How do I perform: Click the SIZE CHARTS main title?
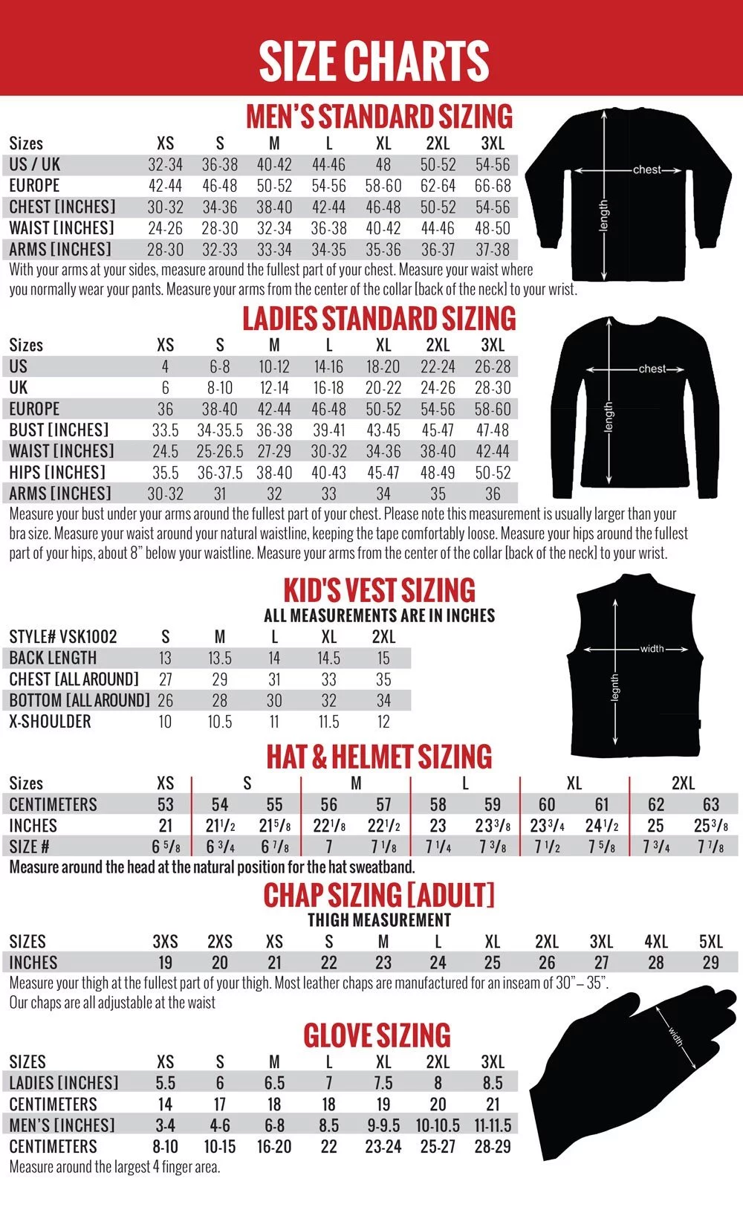[x=374, y=61]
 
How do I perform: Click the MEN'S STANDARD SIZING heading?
[x=379, y=117]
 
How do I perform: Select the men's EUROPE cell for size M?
[x=274, y=186]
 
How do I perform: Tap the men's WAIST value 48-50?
[x=493, y=228]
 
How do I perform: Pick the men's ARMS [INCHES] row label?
[x=60, y=250]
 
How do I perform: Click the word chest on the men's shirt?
[x=646, y=169]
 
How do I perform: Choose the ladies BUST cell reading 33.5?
[x=165, y=430]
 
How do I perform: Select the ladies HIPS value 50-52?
[x=493, y=473]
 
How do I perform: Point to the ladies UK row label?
[x=19, y=388]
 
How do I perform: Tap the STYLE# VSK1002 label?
[x=63, y=637]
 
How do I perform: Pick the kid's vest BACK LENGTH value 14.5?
[x=328, y=659]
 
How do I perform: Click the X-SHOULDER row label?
[x=50, y=722]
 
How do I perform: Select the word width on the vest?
[x=652, y=649]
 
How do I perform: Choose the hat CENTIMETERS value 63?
[x=710, y=805]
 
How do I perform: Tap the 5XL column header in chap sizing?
[x=710, y=942]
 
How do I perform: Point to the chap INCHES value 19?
[x=165, y=963]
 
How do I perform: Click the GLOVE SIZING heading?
[x=377, y=1036]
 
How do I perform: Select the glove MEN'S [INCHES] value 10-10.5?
[x=438, y=1126]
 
